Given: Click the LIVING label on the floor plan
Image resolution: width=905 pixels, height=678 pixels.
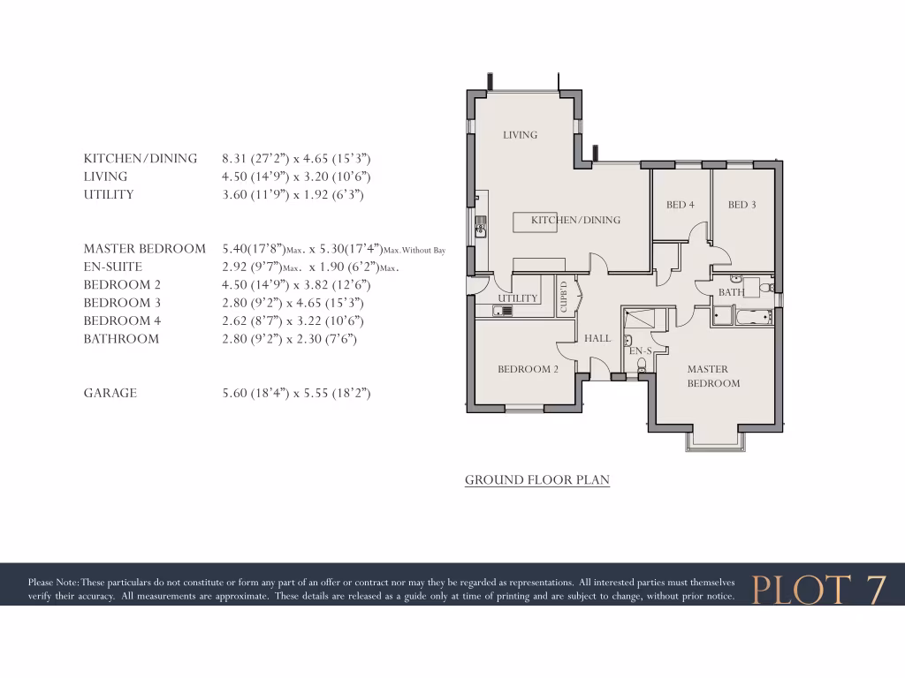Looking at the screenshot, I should pos(520,135).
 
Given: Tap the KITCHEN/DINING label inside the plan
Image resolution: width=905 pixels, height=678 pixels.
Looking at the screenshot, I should pos(575,220).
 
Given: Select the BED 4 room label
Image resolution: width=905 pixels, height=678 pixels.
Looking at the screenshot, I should pos(680,205).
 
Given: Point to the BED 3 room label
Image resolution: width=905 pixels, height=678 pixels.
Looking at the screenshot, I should pos(741,205).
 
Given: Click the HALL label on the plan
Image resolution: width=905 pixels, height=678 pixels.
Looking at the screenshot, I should pos(597,338).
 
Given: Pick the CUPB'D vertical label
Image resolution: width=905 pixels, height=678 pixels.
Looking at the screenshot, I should pos(563,296).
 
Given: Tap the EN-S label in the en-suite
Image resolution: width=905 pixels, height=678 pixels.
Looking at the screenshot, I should pos(639,351).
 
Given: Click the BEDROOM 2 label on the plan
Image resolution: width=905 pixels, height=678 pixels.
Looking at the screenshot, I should pos(528,369).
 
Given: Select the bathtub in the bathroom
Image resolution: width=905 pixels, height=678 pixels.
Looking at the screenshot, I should pos(754,315).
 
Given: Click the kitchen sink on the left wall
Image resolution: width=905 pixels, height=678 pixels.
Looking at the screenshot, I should pos(482,226).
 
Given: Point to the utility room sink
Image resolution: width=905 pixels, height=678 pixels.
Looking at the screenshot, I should pos(506,311).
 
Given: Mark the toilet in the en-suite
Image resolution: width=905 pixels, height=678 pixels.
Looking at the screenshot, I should pos(641,364).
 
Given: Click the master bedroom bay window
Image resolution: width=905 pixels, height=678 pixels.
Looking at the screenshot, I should pos(716,441).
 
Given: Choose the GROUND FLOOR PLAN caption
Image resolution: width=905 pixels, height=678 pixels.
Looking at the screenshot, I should pos(537,480).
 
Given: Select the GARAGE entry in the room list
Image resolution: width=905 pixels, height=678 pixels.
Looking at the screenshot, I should pos(110,393).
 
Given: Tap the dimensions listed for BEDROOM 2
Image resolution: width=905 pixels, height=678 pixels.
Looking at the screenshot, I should pos(296,284).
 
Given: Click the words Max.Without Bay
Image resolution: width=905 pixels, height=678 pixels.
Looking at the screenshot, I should pos(414,251).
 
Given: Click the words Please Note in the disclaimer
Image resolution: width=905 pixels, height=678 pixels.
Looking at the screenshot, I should pos(53,582).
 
